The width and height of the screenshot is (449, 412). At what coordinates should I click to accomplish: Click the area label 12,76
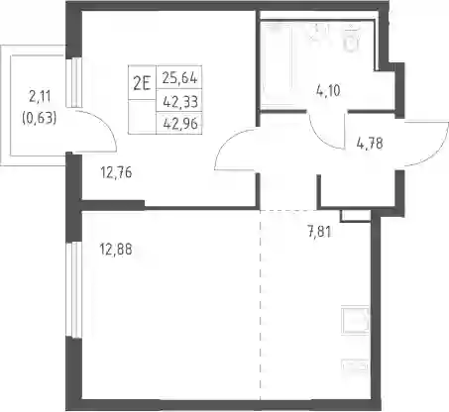coord(117,172)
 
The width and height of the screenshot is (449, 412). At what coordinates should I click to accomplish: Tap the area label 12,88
coord(116,250)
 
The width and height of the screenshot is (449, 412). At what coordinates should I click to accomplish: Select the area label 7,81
coord(319,232)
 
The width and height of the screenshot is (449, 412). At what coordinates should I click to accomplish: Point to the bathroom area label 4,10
coord(328,90)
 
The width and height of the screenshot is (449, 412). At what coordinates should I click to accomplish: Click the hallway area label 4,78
coord(370,144)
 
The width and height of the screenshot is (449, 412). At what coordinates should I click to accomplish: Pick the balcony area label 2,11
coord(40,97)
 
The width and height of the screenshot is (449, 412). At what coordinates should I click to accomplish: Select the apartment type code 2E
coord(142,83)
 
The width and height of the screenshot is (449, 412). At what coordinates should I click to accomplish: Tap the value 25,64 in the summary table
coord(179,78)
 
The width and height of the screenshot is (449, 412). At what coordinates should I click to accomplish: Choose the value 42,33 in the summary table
coord(180,102)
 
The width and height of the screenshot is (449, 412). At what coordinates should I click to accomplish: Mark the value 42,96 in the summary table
coord(180,124)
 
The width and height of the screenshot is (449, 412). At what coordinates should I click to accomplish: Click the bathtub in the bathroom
coord(278,64)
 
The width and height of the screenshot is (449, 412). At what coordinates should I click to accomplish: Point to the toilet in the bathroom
coord(352,38)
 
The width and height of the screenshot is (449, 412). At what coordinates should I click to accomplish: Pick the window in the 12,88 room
coord(74,290)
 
